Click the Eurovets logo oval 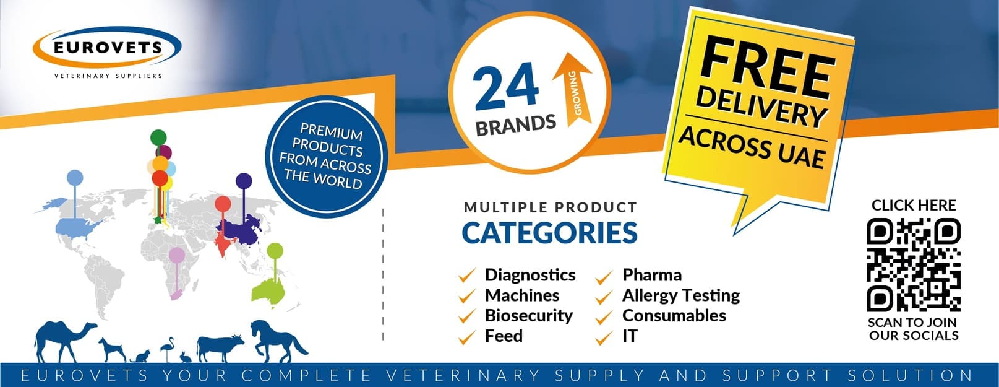click(x=107, y=47)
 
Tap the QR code click(x=914, y=264)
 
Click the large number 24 click(x=506, y=87)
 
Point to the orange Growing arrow click(x=573, y=88)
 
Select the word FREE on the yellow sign click(x=766, y=68)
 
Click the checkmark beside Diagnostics click(x=467, y=276)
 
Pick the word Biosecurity click(x=528, y=316)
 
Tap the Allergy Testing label click(x=681, y=295)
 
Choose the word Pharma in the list click(x=652, y=275)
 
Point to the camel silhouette click(x=65, y=341)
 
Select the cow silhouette click(x=220, y=348)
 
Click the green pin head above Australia click(x=275, y=251)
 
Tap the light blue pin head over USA click(x=75, y=178)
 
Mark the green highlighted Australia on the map click(x=268, y=292)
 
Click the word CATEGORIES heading click(x=549, y=233)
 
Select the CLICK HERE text click(x=914, y=206)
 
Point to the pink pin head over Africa click(x=177, y=255)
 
